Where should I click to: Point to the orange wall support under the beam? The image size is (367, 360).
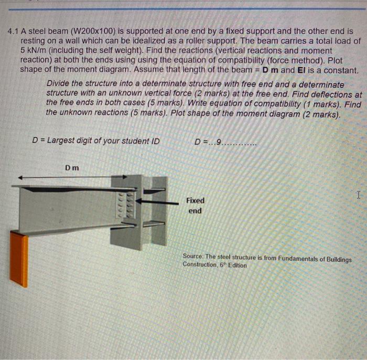pos(19,259)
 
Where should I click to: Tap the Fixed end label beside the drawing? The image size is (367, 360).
pos(195,205)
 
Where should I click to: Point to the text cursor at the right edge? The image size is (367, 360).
pos(359,195)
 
